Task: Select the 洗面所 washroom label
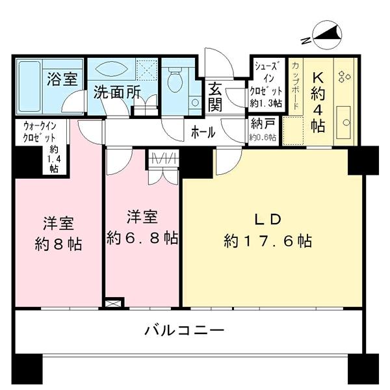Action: coord(116,92)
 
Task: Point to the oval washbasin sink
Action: coord(114,69)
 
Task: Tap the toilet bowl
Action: coord(174,81)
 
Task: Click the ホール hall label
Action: coord(203,132)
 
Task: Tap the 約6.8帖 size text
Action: coord(142,238)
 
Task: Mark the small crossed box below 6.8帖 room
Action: coord(113,303)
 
